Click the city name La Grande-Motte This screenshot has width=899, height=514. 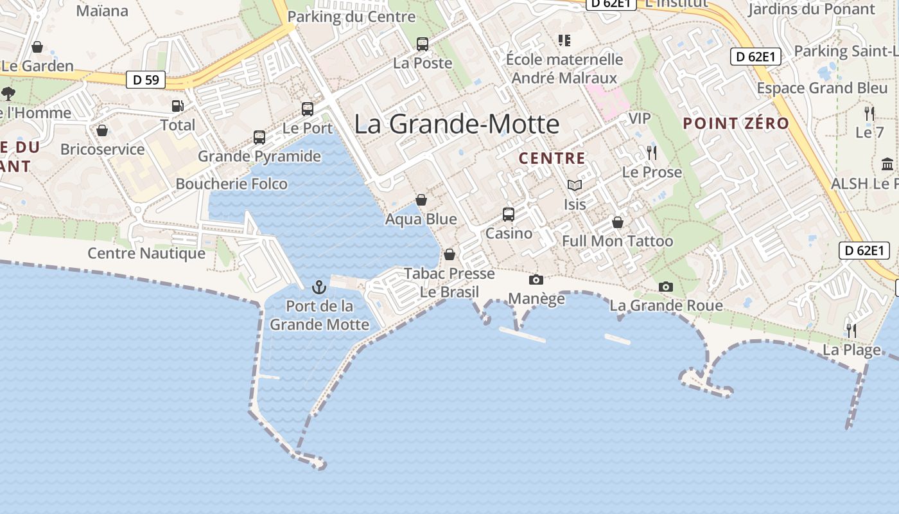(457, 124)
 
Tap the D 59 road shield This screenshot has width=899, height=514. (146, 80)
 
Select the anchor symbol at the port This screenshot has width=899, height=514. (319, 287)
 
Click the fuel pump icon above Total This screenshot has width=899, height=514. (177, 106)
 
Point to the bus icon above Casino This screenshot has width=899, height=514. (509, 214)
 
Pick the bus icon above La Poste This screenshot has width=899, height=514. (423, 44)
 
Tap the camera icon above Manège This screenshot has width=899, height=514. (536, 279)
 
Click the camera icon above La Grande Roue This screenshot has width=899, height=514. (666, 287)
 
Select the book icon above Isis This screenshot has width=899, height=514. (574, 186)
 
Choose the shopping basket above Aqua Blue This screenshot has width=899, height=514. (421, 200)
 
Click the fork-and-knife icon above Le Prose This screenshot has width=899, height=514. (652, 153)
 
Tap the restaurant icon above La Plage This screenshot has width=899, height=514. (851, 331)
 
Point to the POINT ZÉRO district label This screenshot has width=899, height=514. (736, 123)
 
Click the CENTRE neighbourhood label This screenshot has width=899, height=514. (552, 158)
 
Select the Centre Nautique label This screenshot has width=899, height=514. (146, 253)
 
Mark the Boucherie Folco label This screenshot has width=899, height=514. (232, 184)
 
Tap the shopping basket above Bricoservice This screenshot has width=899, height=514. (102, 131)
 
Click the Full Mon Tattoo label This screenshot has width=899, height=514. (618, 242)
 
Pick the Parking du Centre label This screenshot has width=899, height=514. (352, 17)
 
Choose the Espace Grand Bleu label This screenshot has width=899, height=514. (822, 88)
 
